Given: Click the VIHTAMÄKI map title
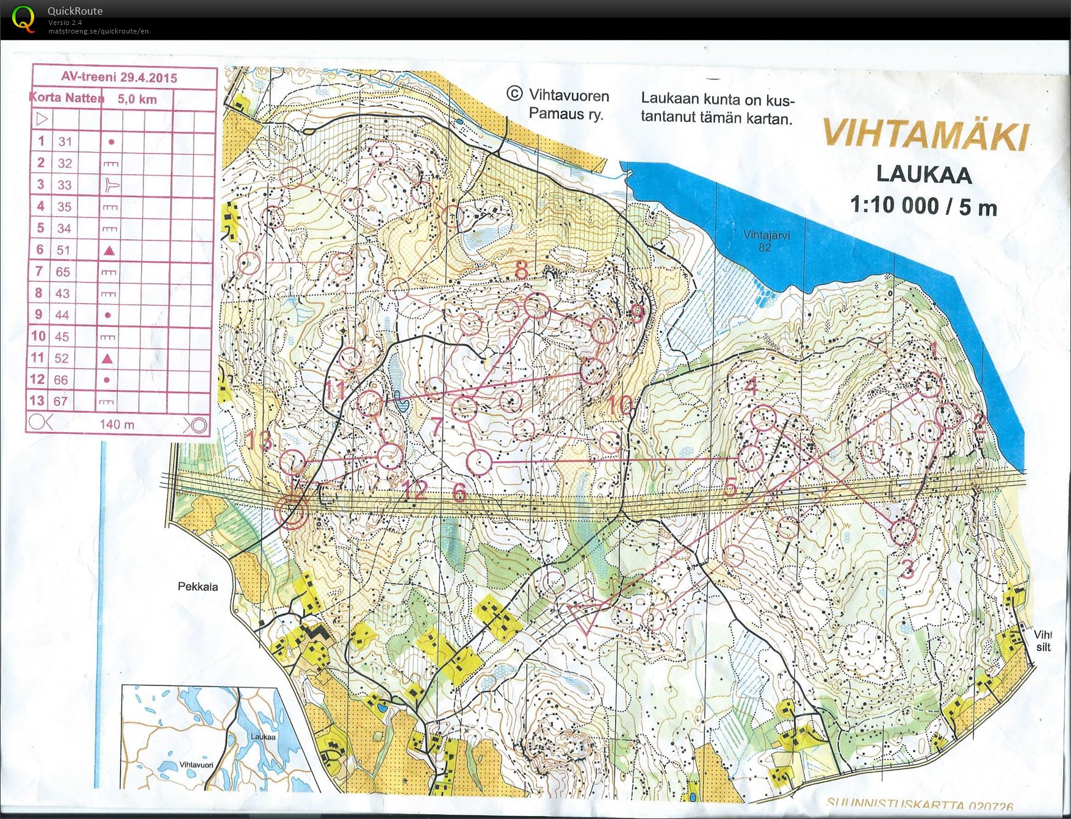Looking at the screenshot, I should (x=925, y=135).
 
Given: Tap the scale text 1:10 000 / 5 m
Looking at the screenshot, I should (x=923, y=206).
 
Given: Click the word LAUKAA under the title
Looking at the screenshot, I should (x=923, y=174).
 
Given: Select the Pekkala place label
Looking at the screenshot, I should (x=198, y=586).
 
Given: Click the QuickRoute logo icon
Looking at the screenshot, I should (x=24, y=18).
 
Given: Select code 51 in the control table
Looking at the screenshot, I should (x=63, y=250).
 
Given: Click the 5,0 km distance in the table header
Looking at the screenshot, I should (x=137, y=99).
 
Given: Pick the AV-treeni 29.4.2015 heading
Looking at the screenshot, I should (x=119, y=78).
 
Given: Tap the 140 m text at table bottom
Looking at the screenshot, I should (x=117, y=424).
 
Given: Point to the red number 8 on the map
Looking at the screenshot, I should (x=521, y=270).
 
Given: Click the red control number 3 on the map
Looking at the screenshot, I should (x=907, y=570).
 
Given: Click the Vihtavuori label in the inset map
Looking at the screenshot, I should (x=197, y=765).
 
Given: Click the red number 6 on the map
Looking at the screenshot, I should (x=460, y=492).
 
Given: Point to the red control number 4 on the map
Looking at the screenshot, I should (x=751, y=386).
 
